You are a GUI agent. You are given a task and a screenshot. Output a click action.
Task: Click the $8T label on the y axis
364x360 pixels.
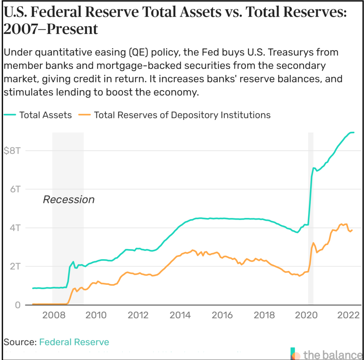(x=11, y=150)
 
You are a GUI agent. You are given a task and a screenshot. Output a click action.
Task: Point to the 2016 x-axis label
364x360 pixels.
(x=222, y=315)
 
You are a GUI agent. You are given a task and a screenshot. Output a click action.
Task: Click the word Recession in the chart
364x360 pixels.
(x=68, y=199)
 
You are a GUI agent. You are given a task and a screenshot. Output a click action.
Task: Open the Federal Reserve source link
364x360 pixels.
(x=74, y=342)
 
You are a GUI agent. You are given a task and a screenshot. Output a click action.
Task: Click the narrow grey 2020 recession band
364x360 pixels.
(x=311, y=237)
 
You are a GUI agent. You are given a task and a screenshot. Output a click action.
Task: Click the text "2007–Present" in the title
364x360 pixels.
(x=51, y=29)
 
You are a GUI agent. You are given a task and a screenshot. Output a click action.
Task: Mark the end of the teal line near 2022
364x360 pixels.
(x=354, y=133)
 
